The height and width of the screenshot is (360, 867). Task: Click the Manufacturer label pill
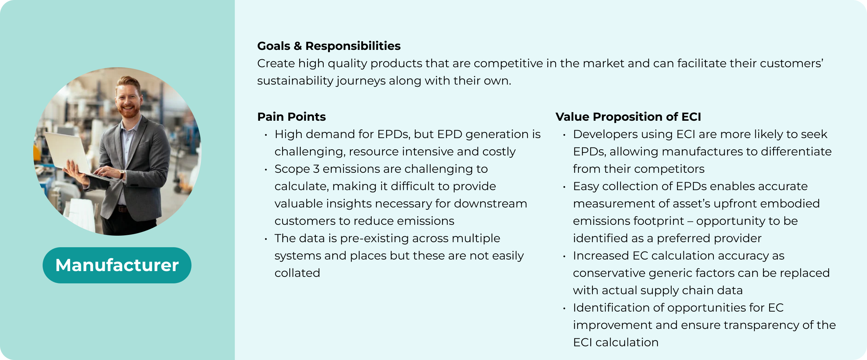point(117,265)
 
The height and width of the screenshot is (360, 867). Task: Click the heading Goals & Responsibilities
point(329,46)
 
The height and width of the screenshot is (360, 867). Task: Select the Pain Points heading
point(292,117)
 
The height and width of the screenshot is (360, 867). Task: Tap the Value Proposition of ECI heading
point(628,117)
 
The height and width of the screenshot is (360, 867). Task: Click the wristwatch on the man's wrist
point(122,174)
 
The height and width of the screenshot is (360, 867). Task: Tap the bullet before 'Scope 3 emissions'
point(266,170)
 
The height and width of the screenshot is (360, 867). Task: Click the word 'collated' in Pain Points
point(297,273)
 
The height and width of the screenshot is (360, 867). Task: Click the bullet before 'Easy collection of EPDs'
point(564,187)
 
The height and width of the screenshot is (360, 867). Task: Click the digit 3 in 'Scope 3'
point(316,169)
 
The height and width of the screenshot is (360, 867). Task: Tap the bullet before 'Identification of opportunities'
point(564,308)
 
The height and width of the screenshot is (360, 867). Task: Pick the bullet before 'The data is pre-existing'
point(266,239)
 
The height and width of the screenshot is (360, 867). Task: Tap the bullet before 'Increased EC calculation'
point(564,256)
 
